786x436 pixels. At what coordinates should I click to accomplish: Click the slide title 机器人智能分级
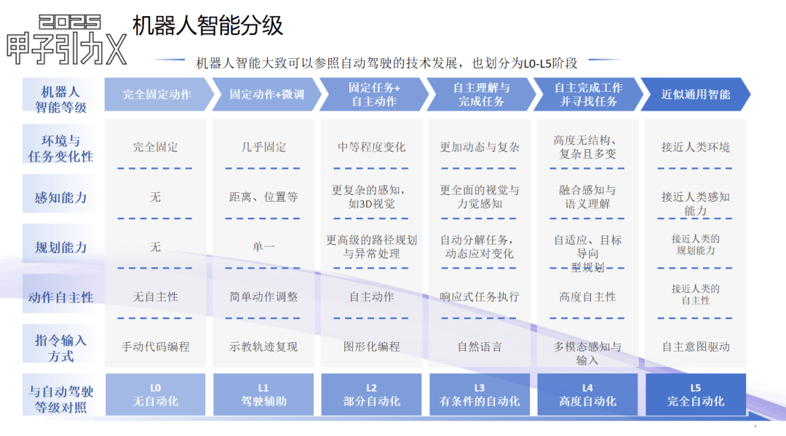(x=207, y=25)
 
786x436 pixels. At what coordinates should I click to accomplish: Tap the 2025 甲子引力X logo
(x=67, y=40)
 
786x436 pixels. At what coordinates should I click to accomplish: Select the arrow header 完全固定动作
(x=159, y=94)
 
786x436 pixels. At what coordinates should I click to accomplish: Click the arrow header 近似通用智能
(x=695, y=94)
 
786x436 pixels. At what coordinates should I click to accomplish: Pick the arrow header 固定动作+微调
(x=266, y=94)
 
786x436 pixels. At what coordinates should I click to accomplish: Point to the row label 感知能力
(x=60, y=197)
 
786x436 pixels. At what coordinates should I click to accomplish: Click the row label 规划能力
(x=60, y=247)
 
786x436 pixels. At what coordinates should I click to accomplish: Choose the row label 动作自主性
(x=60, y=297)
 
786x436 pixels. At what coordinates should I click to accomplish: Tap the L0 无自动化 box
(x=156, y=395)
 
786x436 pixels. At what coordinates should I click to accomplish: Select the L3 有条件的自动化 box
(x=479, y=395)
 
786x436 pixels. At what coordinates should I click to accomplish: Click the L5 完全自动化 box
(x=696, y=395)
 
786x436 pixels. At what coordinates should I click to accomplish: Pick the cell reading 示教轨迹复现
(x=263, y=346)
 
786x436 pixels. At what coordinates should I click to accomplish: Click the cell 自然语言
(x=480, y=346)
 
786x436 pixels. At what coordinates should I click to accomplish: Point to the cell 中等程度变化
(x=371, y=147)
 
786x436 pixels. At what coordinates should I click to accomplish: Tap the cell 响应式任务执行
(x=480, y=297)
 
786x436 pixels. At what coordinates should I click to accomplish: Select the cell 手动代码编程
(x=156, y=346)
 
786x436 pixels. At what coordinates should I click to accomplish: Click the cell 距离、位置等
(x=263, y=197)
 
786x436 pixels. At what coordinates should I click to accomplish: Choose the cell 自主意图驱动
(x=696, y=346)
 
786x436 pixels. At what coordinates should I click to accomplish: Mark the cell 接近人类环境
(x=696, y=147)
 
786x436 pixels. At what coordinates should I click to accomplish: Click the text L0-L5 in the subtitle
(x=537, y=63)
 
